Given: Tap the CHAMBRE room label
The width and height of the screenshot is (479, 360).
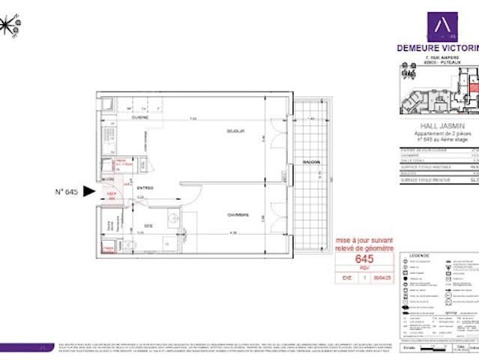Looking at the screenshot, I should coord(238,214).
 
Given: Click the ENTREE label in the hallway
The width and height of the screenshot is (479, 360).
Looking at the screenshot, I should coord(145,187).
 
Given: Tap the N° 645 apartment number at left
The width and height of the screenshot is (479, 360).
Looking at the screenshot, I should coord(67,192).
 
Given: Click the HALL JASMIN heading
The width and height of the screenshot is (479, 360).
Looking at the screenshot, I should coord(439,126).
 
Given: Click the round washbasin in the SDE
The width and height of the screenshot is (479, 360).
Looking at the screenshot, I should coord(172,219).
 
